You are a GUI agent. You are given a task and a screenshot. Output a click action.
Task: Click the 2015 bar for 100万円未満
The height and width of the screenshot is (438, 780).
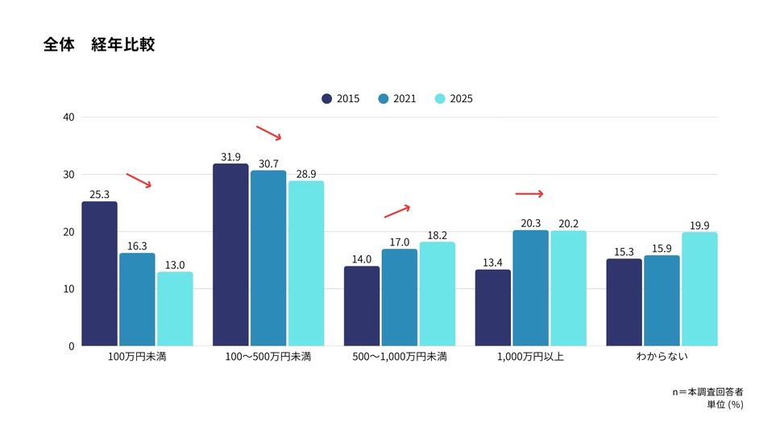(99, 274)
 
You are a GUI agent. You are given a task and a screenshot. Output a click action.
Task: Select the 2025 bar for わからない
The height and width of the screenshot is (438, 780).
(699, 289)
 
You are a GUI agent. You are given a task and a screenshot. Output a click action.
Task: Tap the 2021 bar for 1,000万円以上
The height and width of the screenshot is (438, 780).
(530, 288)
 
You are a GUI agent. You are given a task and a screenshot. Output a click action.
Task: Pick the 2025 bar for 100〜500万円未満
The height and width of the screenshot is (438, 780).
(306, 263)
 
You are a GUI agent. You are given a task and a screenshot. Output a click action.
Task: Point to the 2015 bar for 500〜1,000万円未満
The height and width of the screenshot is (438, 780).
(362, 306)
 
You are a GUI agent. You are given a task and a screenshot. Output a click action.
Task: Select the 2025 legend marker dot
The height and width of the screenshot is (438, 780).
(440, 99)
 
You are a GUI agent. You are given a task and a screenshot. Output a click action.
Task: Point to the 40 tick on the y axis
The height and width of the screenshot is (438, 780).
(68, 118)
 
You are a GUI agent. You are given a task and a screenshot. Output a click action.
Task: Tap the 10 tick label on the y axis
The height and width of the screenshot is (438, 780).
(68, 289)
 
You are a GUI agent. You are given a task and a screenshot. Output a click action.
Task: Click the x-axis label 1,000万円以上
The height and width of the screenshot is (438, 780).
(530, 357)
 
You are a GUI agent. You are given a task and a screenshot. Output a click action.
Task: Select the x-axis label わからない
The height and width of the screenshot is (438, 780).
(662, 357)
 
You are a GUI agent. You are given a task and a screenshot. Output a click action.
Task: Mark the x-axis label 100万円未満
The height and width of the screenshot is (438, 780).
(137, 357)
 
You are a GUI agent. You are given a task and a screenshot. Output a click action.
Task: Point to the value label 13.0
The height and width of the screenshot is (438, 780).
(175, 265)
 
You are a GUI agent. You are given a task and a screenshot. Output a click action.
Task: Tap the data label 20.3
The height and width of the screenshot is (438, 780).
(530, 224)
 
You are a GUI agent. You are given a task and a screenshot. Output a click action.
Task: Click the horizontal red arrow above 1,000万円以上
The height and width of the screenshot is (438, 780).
(529, 194)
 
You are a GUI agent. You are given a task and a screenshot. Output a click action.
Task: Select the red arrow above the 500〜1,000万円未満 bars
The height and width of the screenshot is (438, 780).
(397, 212)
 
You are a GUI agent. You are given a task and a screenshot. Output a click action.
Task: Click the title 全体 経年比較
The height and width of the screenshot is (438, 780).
(99, 45)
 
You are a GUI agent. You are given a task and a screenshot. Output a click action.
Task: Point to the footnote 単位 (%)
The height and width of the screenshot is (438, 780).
(720, 405)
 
